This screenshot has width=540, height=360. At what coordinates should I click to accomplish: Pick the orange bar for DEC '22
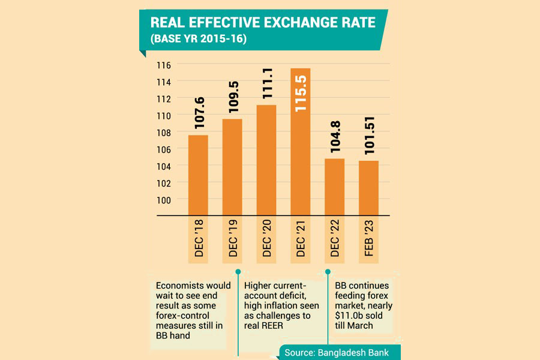(x=334, y=187)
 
